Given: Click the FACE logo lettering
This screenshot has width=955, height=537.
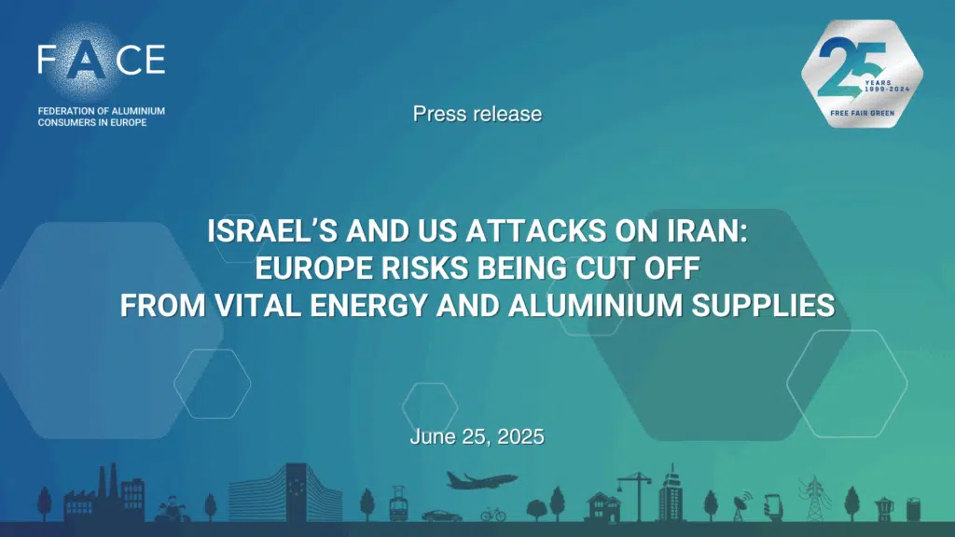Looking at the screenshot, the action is click(x=101, y=59).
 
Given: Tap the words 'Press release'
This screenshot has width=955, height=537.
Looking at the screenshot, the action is click(x=477, y=114).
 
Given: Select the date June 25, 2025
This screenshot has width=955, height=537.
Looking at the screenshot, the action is click(x=477, y=436).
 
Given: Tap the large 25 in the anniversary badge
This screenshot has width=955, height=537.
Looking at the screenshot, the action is click(x=851, y=67).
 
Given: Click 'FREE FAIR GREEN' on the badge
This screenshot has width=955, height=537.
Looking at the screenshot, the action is click(x=862, y=113).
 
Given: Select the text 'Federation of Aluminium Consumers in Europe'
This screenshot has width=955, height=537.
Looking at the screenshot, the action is click(x=101, y=117).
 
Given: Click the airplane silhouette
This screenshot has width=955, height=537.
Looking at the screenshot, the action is click(x=481, y=480).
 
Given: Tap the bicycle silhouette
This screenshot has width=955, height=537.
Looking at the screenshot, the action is click(x=493, y=515).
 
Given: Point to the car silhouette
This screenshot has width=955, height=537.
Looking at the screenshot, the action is click(x=441, y=516).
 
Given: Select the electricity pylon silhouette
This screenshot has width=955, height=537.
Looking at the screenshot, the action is click(x=814, y=500).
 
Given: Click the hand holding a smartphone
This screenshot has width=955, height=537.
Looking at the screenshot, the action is click(x=773, y=507).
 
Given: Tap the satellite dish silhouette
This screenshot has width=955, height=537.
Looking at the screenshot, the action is click(x=740, y=508).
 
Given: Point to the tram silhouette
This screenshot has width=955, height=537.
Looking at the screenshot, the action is click(x=397, y=504).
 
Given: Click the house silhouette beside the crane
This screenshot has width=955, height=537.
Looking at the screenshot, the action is click(x=603, y=508).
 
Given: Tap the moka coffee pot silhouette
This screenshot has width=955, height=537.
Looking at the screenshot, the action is click(x=884, y=510).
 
